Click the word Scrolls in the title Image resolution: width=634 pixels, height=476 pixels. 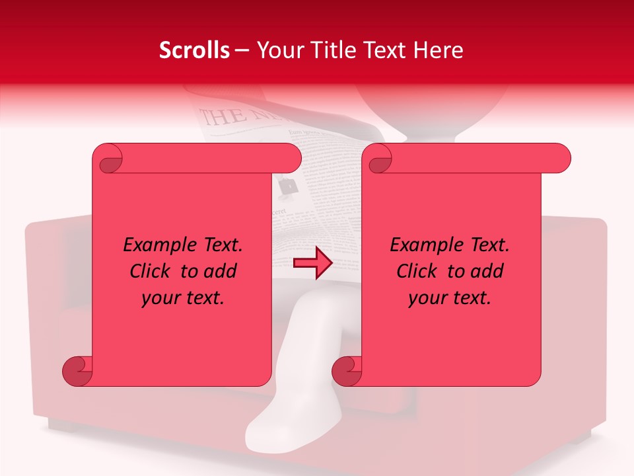tap(194, 50)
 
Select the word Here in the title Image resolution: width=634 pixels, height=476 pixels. tap(439, 50)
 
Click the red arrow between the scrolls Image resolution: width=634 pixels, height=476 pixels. tap(312, 263)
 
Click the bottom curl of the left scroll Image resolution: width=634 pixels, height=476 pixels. tap(77, 370)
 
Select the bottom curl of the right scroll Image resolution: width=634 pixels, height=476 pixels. tap(347, 370)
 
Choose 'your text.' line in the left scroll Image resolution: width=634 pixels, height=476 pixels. tap(183, 298)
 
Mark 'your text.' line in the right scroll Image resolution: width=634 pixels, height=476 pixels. tap(450, 298)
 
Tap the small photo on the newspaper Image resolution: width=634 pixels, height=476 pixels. tap(287, 188)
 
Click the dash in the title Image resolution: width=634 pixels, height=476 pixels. tap(242, 50)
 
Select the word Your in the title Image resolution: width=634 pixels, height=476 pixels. tap(277, 50)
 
